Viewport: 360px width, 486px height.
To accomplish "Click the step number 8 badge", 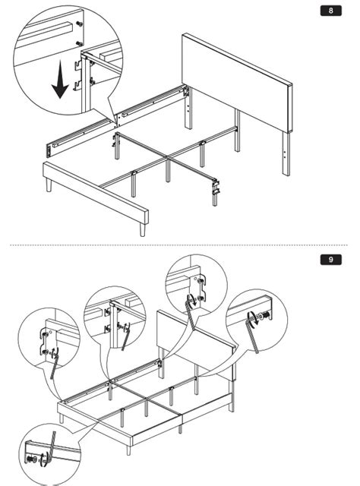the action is click(331, 11).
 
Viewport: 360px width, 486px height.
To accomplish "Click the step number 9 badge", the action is click(331, 260).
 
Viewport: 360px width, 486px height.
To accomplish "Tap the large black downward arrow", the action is click(60, 79).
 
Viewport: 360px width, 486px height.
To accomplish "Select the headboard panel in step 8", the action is click(237, 83).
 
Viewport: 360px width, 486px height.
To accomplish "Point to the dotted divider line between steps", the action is click(178, 245).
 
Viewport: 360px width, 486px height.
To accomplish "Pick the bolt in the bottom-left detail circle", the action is click(31, 459).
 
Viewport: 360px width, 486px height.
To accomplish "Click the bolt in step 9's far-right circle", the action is click(265, 316).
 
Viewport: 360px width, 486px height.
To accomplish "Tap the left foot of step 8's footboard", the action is click(49, 185).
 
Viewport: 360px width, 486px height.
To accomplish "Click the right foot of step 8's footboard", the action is click(142, 230).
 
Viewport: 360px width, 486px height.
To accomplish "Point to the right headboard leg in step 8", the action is click(286, 153).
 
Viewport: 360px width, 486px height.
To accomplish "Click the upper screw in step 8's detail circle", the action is click(80, 24).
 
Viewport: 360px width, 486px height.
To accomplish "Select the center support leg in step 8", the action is click(168, 170).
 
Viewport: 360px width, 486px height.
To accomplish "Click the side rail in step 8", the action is click(117, 121).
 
